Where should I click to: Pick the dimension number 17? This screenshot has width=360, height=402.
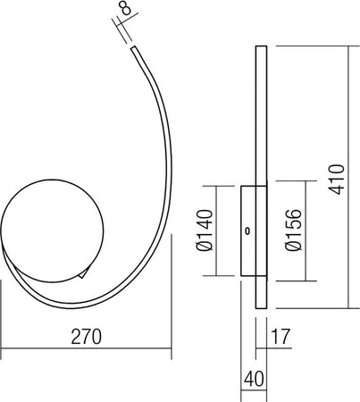click(x=280, y=336)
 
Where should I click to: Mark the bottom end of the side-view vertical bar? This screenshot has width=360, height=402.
click(x=261, y=308)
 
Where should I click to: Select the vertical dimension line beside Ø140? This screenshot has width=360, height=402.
click(x=217, y=230)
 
